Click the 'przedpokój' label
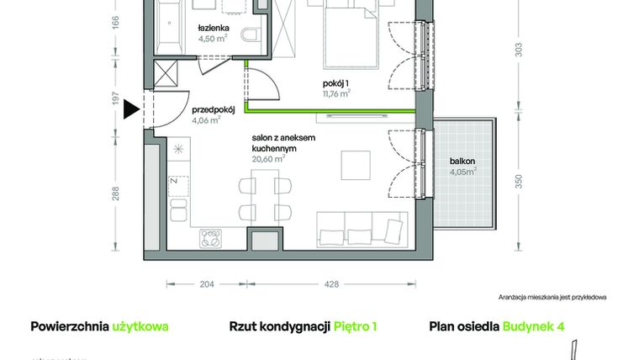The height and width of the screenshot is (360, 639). point(212,109)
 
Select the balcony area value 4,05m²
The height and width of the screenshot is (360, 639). point(462,172)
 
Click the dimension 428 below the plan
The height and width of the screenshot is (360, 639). point(331,284)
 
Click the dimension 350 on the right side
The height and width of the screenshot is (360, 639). point(520,180)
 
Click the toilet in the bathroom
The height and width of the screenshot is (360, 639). point(250,36)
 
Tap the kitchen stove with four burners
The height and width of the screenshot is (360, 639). point(209,240)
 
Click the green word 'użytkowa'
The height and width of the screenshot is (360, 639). point(140,326)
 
